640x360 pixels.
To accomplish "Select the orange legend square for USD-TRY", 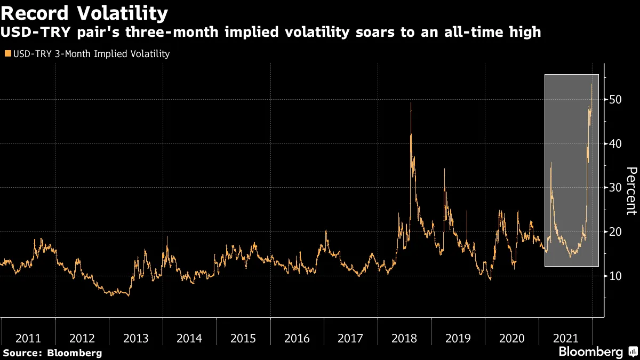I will point(6,54).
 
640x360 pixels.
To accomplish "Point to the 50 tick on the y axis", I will point(614,100).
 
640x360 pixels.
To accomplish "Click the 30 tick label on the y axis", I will point(614,188).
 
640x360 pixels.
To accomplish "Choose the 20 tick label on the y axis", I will point(614,232).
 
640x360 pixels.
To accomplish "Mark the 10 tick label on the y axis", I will point(614,276).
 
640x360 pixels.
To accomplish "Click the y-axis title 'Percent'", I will point(631,190).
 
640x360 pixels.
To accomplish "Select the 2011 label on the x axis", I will point(28,338).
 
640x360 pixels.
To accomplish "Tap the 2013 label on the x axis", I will point(135,338).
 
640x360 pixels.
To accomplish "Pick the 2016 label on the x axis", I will point(297,338).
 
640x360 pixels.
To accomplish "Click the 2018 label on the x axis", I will point(404,338).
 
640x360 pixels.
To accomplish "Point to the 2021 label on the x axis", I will point(565,338).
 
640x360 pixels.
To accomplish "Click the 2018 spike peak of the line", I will point(410,103).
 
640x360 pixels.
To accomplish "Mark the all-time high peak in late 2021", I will point(591,84).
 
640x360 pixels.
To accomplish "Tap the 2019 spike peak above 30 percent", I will point(444,170).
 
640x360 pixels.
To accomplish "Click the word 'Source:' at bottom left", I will point(23,353).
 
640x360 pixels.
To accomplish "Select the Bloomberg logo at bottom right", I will point(597,352).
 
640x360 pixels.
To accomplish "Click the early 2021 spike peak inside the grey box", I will point(551,162).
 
